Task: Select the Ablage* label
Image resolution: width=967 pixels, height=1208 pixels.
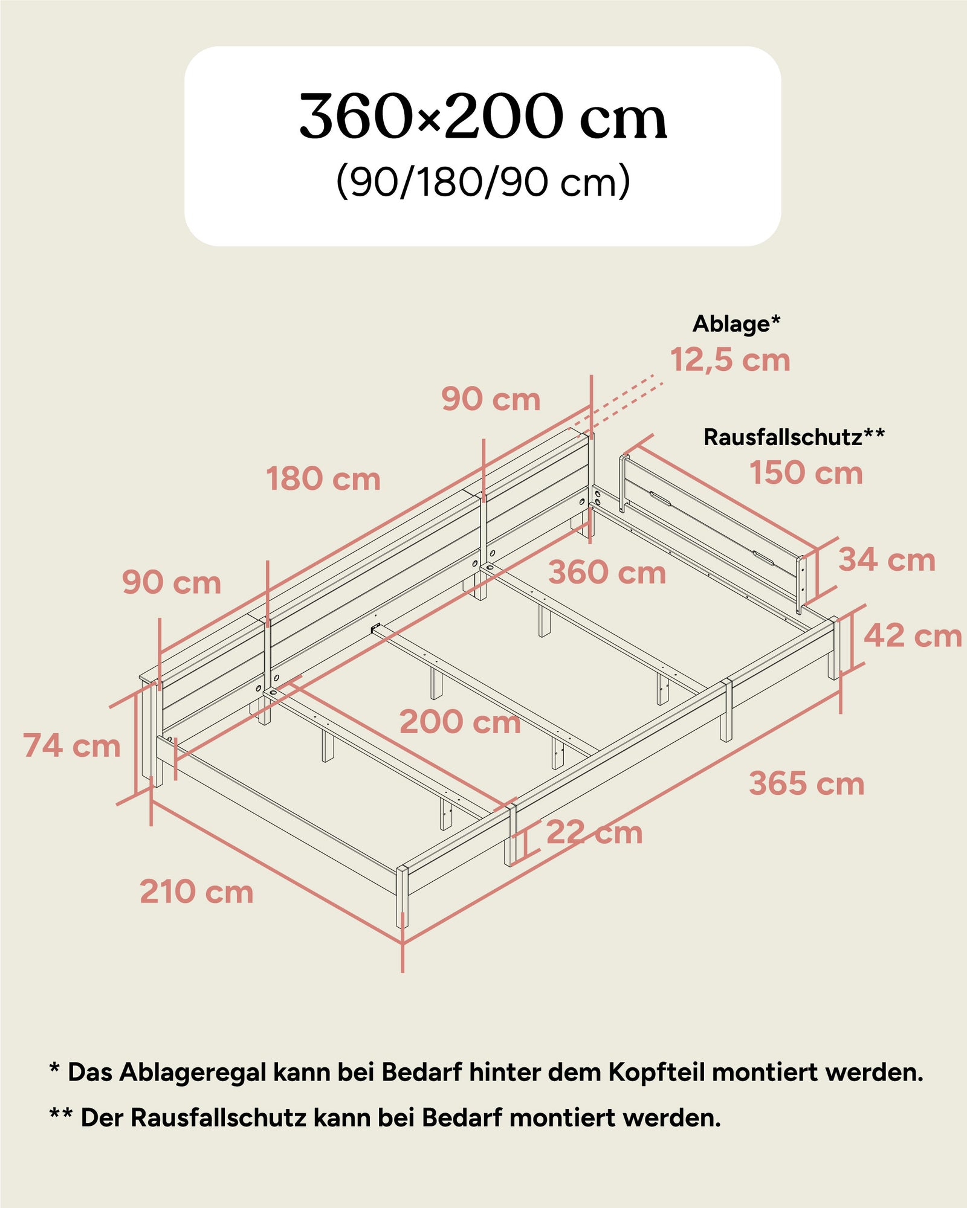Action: click(x=736, y=324)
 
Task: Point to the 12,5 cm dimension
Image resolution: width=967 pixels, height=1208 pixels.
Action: click(x=730, y=361)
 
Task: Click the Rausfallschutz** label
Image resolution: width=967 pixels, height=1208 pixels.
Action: click(x=794, y=437)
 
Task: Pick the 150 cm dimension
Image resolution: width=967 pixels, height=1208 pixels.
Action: click(x=806, y=473)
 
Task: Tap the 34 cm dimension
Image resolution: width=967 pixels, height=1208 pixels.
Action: click(x=886, y=560)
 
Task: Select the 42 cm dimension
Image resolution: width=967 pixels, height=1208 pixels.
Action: click(x=912, y=635)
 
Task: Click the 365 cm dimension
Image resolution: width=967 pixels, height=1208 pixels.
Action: click(x=806, y=784)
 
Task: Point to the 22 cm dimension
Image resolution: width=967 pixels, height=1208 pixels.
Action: click(x=594, y=833)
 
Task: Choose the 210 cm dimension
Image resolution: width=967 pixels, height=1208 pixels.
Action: click(x=196, y=892)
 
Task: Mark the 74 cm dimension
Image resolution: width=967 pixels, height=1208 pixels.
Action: click(x=72, y=745)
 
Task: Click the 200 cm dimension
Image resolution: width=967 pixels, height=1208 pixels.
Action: click(x=460, y=722)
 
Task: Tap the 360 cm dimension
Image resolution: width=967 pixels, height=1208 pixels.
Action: click(x=607, y=573)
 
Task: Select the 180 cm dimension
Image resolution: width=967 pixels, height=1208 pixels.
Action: click(x=323, y=479)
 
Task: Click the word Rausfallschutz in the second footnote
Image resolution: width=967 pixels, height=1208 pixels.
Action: click(x=219, y=1118)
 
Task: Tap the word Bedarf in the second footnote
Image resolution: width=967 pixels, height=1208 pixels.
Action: click(x=461, y=1118)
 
